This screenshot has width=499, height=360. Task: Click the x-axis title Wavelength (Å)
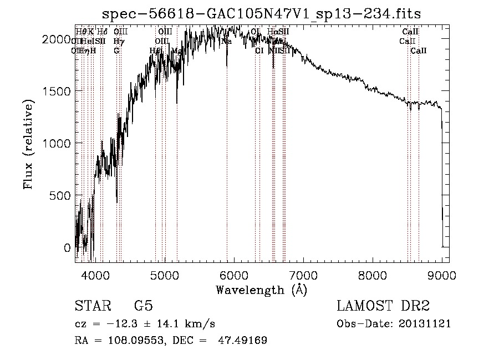tap(261, 290)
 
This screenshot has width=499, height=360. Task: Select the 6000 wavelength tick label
tap(234, 275)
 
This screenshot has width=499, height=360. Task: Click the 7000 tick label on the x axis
tap(303, 275)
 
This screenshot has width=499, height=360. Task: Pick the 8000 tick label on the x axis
tap(373, 275)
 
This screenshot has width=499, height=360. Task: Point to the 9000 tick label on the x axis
tap(442, 275)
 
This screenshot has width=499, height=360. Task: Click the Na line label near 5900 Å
tap(226, 41)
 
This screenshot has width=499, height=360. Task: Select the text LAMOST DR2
tap(383, 306)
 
